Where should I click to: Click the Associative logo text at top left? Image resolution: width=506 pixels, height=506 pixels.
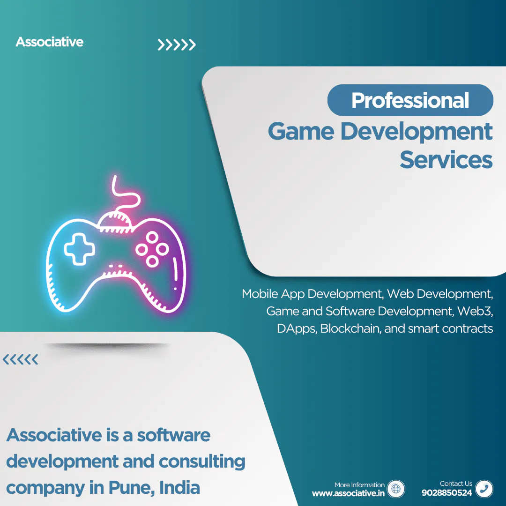[x=49, y=42]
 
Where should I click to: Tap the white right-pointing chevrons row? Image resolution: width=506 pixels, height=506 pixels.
[x=177, y=45]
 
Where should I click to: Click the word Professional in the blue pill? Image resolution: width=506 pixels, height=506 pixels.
[x=410, y=100]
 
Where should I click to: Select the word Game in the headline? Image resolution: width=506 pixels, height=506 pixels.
[x=301, y=132]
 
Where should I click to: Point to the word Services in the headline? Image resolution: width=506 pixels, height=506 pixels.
[x=446, y=160]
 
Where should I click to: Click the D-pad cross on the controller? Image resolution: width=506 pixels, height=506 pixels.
[x=79, y=249]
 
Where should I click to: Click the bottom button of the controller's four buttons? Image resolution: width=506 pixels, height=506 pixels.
[x=152, y=261]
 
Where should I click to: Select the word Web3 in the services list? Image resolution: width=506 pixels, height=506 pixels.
[x=475, y=311]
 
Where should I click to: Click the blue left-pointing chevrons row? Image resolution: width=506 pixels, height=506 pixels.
[x=20, y=359]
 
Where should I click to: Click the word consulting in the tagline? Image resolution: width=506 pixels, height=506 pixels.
[x=202, y=462]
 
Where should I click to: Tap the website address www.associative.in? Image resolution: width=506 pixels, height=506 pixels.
[x=348, y=493]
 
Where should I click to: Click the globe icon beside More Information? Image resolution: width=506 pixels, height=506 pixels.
[x=396, y=489]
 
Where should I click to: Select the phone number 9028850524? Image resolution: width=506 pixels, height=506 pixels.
[x=447, y=493]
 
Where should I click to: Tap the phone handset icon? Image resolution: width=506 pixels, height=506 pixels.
[x=484, y=489]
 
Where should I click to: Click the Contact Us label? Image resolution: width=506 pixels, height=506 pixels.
[x=456, y=484]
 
